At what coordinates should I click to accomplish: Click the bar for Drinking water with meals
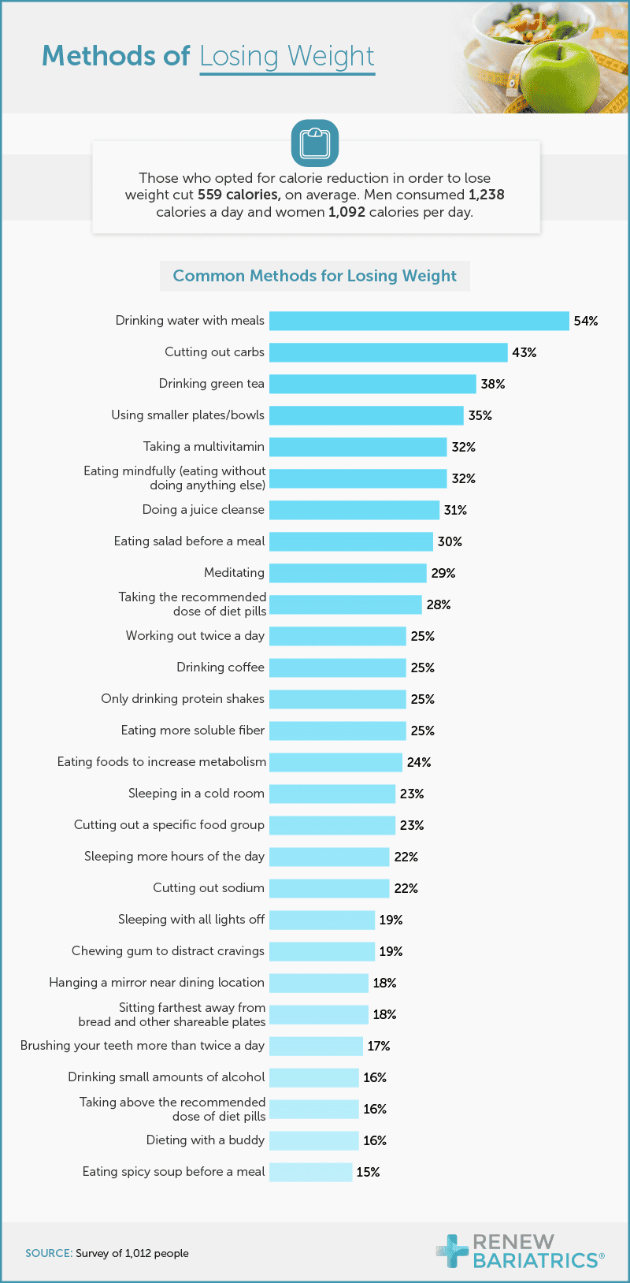click(x=419, y=321)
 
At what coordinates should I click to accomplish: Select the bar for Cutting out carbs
click(x=388, y=352)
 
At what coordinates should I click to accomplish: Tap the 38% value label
click(x=493, y=384)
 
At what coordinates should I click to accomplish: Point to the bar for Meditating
click(x=347, y=573)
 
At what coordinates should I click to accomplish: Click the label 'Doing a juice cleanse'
click(x=203, y=510)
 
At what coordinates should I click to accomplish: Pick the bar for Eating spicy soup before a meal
click(x=310, y=1172)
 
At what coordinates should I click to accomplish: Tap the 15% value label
click(x=368, y=1172)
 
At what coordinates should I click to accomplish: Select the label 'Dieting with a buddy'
click(x=206, y=1140)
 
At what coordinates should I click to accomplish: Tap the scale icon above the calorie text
click(x=315, y=143)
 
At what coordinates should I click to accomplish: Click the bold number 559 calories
click(x=239, y=195)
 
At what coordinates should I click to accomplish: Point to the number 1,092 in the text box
click(x=346, y=212)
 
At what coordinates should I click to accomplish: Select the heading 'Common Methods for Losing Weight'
click(x=314, y=276)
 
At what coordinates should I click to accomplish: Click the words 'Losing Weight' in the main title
click(x=287, y=57)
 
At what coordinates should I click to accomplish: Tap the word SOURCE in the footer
click(x=49, y=1253)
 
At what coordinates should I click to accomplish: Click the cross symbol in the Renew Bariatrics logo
click(x=452, y=1250)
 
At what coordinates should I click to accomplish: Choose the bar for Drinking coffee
click(x=337, y=668)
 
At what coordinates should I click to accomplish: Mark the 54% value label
click(x=586, y=321)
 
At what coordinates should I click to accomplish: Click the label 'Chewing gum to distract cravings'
click(x=168, y=951)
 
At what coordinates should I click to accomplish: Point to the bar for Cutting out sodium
click(x=329, y=888)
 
